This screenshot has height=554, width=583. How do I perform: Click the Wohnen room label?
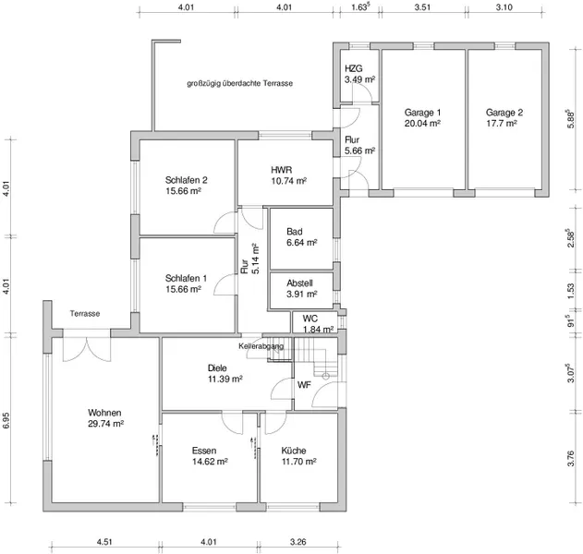coord(104,413)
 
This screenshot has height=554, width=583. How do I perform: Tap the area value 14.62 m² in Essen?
coord(210,462)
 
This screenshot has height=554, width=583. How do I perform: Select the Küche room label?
coord(294,451)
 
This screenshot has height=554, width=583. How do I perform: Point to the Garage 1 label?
coord(422,113)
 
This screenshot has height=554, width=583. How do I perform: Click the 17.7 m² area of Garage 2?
coord(502,124)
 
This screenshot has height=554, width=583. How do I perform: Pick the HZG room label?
coord(354,68)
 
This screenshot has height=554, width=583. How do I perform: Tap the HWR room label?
coord(282,170)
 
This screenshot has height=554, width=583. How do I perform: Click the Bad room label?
coord(295,232)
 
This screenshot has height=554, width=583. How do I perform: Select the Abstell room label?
coord(299,283)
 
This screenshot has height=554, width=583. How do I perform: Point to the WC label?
coord(310,319)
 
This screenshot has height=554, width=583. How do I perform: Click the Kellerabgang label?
coord(261,346)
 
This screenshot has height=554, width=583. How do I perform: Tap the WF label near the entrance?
coord(304,385)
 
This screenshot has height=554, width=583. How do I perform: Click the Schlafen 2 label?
coord(187,180)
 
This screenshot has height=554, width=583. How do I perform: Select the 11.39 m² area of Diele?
coord(225,379)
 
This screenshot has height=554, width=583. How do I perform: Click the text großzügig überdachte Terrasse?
coord(240,83)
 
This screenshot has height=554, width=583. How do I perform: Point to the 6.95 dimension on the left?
coord(6,420)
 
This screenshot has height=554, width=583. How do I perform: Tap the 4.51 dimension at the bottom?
coord(104,542)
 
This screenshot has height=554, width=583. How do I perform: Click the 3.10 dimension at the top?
coord(504,7)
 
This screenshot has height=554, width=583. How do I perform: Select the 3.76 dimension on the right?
coord(570,459)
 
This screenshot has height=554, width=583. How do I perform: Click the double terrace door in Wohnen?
coord(87,349)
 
